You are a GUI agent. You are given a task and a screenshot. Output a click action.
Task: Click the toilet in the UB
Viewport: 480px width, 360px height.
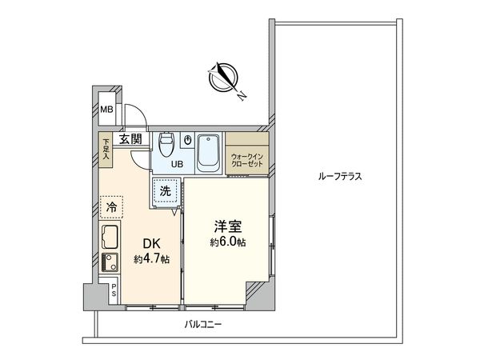(x=166, y=145)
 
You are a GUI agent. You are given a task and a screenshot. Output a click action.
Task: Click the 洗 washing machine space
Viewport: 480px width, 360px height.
(x=164, y=192)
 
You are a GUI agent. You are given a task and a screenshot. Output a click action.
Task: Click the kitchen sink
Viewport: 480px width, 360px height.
(x=110, y=238)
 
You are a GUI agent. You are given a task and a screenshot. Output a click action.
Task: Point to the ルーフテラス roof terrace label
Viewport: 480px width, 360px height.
(x=341, y=176)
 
